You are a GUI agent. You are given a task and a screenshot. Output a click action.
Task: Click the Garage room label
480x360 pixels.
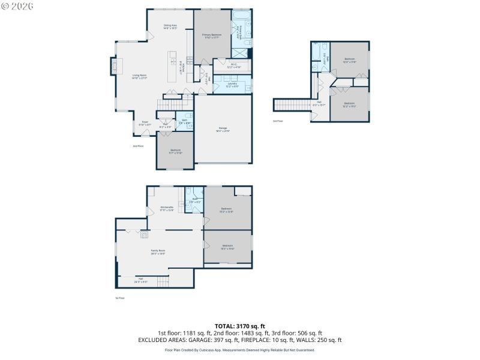[x=223, y=130]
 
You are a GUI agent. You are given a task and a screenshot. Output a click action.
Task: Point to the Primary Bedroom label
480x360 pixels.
[x=212, y=36]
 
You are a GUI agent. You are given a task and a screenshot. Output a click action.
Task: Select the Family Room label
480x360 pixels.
[x=158, y=251]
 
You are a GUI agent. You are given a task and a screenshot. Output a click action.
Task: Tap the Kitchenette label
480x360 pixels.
[x=167, y=208]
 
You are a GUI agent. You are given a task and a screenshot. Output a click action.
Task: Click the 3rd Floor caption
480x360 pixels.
[x=278, y=121]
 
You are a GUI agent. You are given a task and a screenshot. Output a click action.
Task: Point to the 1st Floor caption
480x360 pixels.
[x=120, y=298]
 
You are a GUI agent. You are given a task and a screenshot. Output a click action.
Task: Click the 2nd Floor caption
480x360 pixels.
[x=138, y=146]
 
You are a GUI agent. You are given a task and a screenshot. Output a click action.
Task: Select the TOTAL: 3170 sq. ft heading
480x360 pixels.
[x=240, y=326]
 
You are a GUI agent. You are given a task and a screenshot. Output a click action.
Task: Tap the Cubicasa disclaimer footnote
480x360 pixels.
[x=240, y=350]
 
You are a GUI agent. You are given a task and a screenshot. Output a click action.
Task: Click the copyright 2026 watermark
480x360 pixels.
[x=18, y=6]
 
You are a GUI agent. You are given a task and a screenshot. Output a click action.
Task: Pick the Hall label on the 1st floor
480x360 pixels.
[x=140, y=280]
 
